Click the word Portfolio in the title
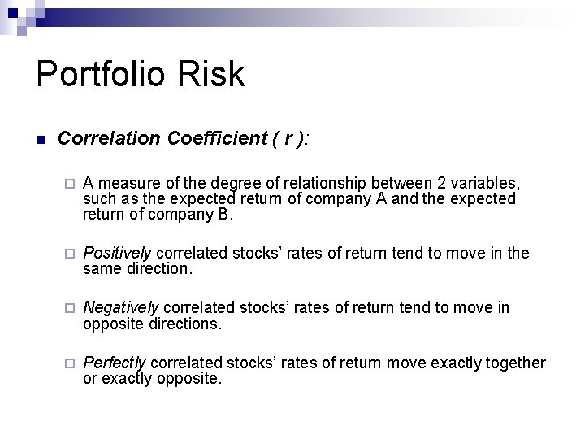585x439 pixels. [x=102, y=75]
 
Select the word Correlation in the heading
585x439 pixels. [x=110, y=139]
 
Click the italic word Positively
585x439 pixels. [x=118, y=254]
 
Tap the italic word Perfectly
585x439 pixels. [x=115, y=363]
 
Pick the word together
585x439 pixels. [x=514, y=363]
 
